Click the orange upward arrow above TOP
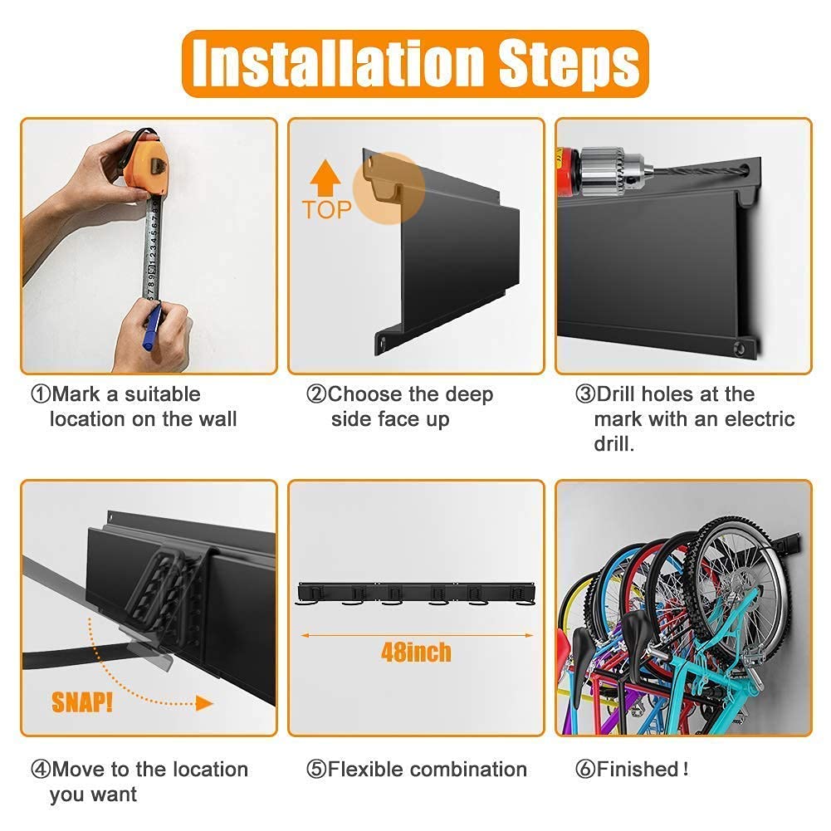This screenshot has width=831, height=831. [x=325, y=178]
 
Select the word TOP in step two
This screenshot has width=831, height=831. [x=326, y=210]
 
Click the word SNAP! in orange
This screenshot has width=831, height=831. [x=82, y=702]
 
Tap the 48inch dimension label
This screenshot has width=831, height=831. [x=416, y=652]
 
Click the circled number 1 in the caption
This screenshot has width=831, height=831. [x=41, y=394]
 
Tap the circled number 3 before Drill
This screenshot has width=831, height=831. [x=585, y=394]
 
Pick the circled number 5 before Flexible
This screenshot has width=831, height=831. [x=316, y=769]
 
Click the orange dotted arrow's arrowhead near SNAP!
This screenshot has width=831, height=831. [x=204, y=703]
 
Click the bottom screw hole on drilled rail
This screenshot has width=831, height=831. [x=740, y=348]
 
